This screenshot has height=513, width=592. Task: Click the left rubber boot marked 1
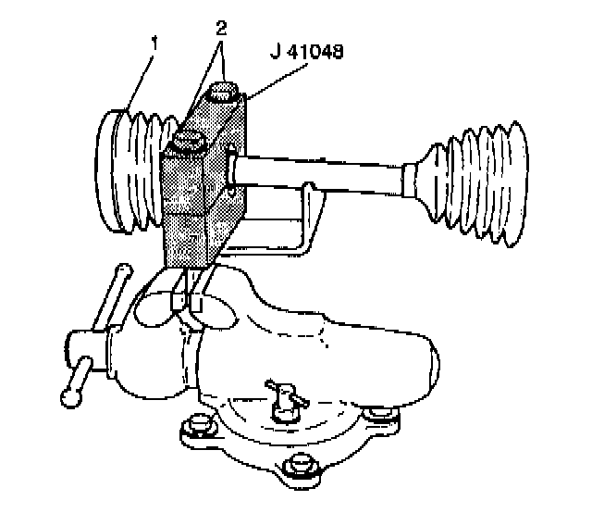click(129, 171)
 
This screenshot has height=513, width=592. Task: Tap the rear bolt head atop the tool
click(226, 93)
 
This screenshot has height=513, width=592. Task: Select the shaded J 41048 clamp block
click(199, 199)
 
